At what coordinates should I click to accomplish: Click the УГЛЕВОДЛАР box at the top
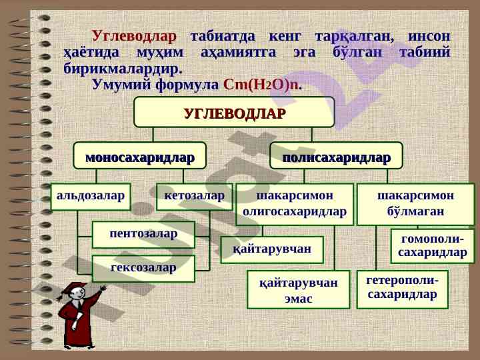coord(234,112)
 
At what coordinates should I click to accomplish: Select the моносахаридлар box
coord(139,157)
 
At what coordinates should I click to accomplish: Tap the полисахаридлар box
coord(336,157)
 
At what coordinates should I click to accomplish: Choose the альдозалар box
coord(91,196)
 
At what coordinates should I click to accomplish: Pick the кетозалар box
coord(195,196)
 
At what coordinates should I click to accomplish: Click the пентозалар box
coord(143,234)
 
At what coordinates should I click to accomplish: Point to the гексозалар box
coord(143,268)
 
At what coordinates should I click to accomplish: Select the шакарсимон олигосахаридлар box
coord(295,203)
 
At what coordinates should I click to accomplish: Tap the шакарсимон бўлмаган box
coord(415,203)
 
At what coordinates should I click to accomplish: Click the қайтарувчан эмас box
coord(298,290)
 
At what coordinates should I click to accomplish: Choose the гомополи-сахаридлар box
coord(432,246)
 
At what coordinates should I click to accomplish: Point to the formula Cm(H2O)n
coord(262,85)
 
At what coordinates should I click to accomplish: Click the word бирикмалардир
coord(121,68)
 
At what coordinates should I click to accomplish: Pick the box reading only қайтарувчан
coord(272,249)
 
